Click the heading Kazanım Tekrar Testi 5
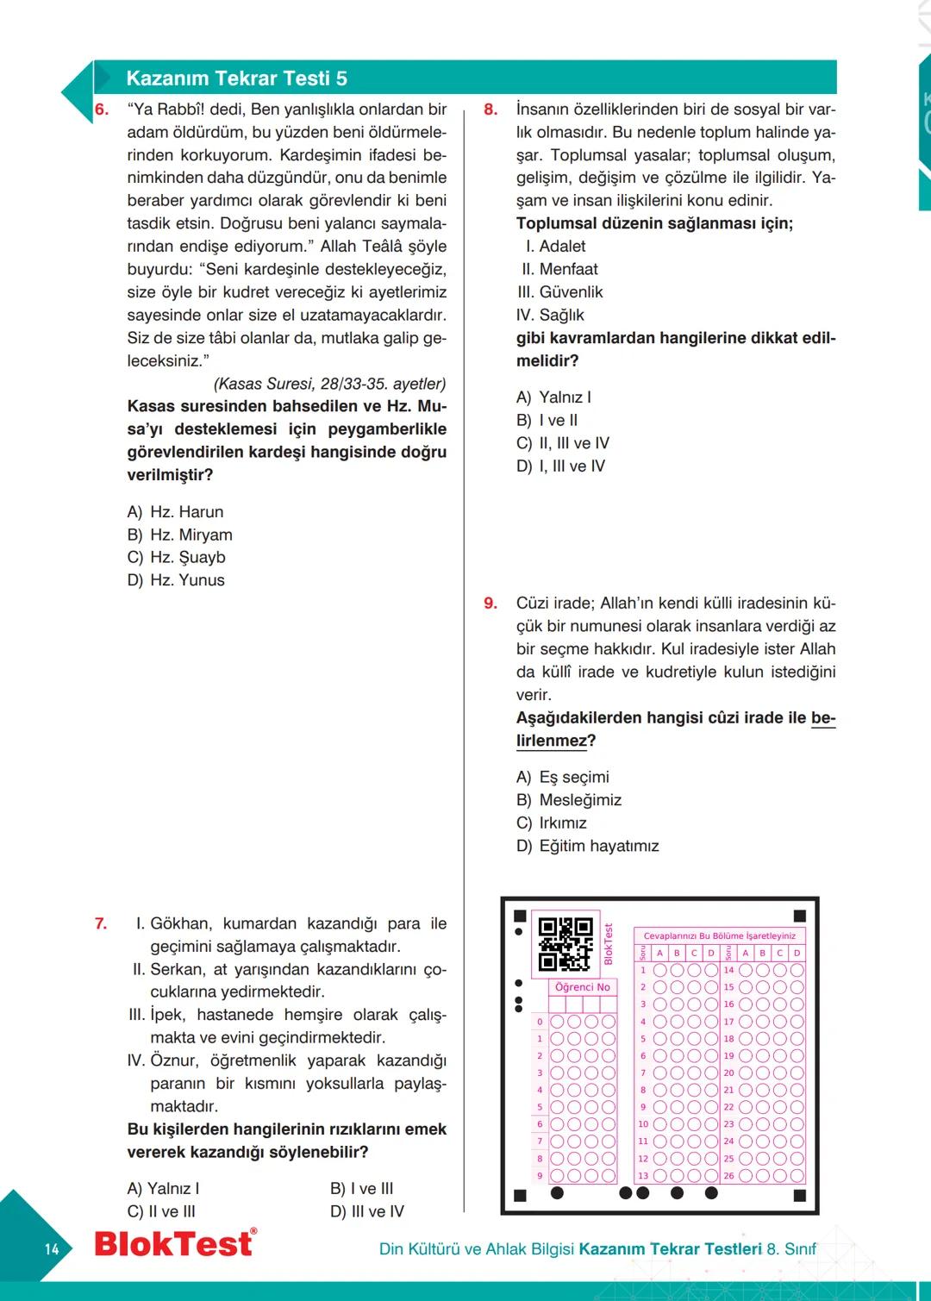[236, 78]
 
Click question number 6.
[102, 109]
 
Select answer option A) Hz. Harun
[176, 512]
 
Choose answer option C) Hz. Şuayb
[177, 558]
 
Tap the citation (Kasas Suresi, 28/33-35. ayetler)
[329, 384]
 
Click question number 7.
[101, 924]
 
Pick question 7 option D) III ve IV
[367, 1211]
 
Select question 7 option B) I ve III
[362, 1189]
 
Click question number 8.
[490, 109]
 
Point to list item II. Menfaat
[559, 269]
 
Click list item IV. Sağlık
[550, 316]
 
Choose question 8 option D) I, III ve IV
[561, 466]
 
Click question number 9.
[490, 604]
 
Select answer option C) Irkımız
[552, 823]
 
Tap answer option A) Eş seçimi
[563, 778]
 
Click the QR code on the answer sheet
[565, 944]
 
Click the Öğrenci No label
[583, 987]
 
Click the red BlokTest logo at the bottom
[175, 1243]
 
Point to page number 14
[52, 1248]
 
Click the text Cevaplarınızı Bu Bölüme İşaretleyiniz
[720, 935]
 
